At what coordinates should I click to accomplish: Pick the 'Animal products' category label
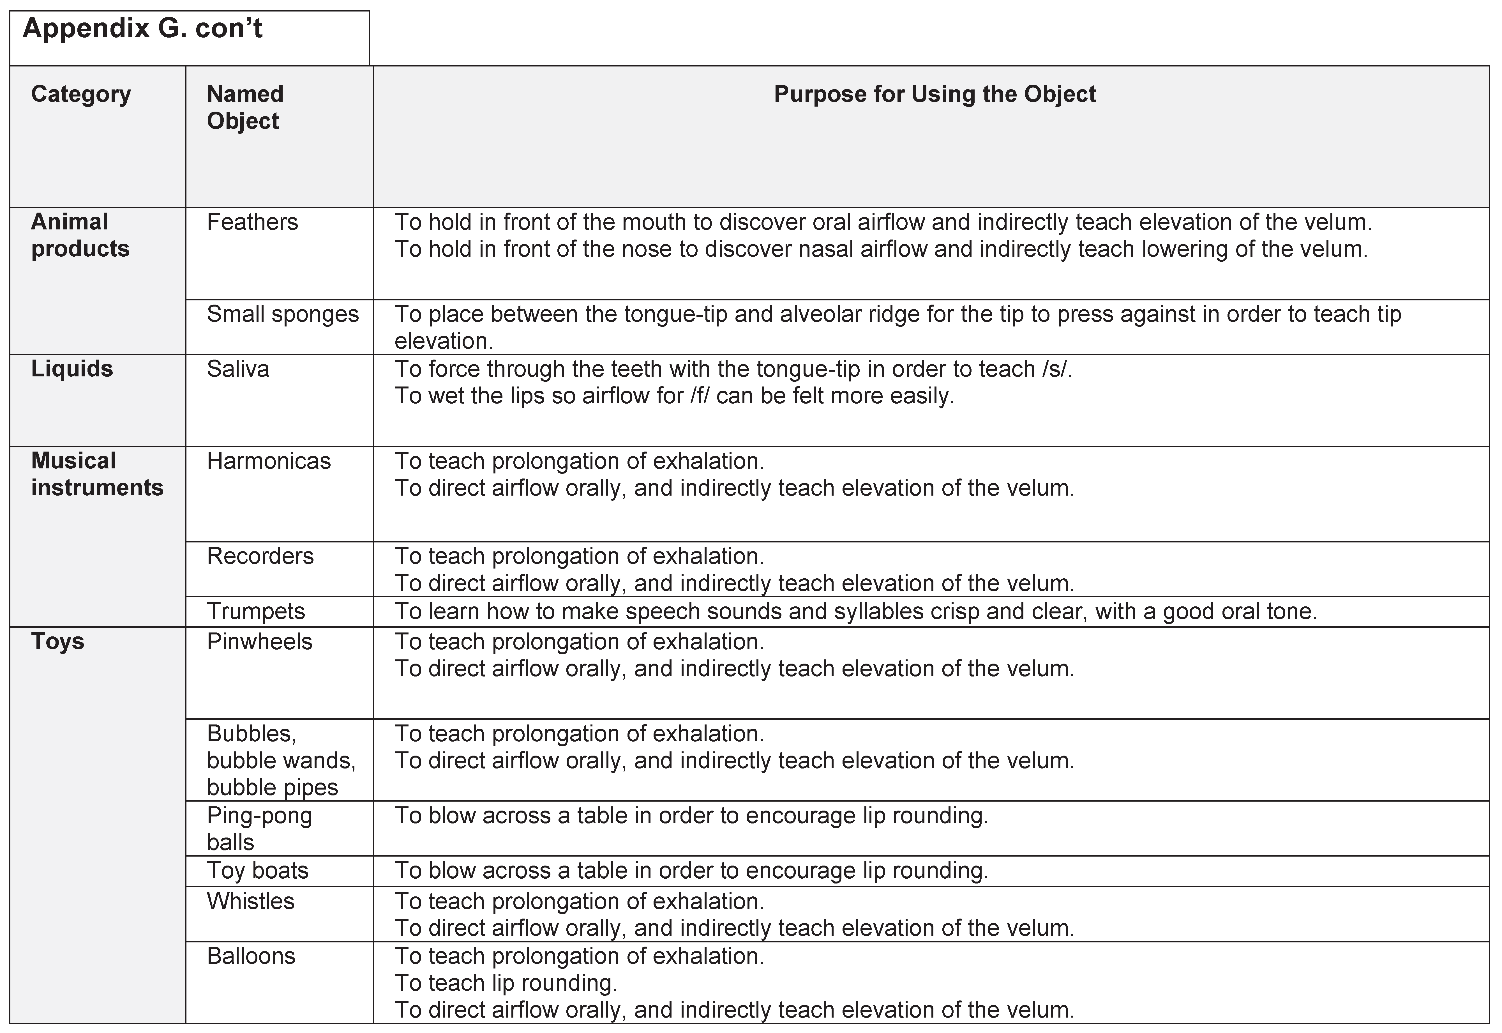tap(80, 235)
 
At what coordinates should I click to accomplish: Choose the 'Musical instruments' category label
tap(97, 474)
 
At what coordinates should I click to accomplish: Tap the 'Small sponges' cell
tap(283, 314)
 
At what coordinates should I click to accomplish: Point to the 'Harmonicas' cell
tap(268, 461)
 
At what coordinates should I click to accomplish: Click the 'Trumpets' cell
tap(255, 611)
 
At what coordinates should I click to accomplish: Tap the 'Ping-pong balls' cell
tap(259, 829)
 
